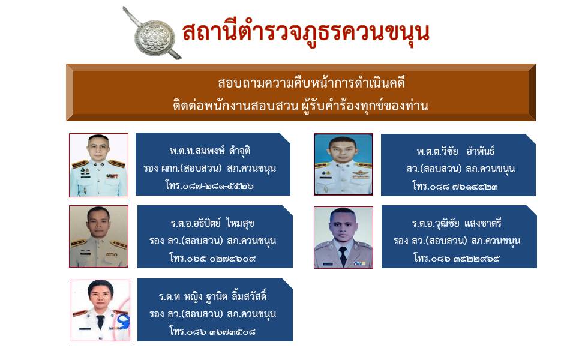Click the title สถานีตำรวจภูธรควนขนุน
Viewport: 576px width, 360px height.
click(306, 32)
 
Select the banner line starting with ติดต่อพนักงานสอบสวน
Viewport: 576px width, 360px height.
click(299, 106)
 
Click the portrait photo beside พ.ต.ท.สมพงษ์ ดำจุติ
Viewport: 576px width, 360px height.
click(98, 165)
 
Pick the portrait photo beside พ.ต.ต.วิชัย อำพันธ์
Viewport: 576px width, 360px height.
click(343, 164)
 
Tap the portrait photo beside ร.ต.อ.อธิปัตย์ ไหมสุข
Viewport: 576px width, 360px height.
click(98, 236)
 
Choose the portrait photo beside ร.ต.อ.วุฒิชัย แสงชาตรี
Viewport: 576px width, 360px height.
click(343, 238)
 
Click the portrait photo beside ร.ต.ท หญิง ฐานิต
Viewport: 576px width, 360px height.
click(100, 310)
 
